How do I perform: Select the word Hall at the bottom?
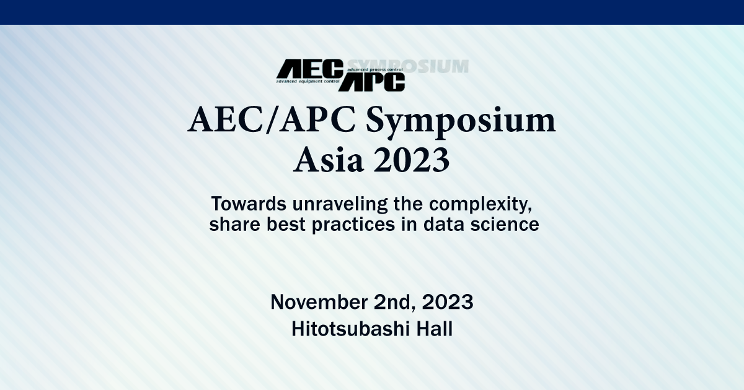433,329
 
